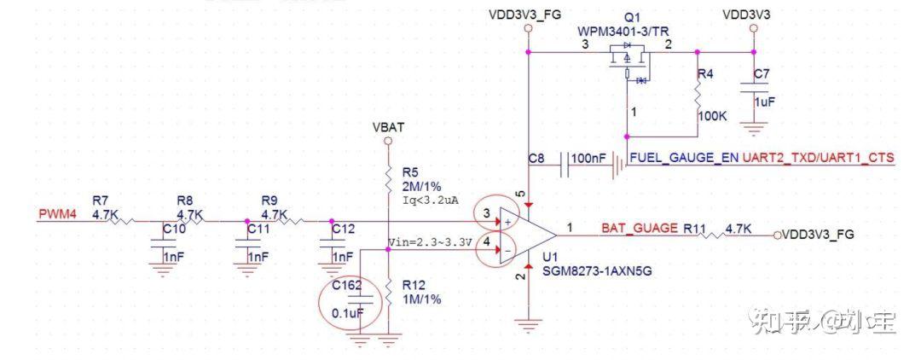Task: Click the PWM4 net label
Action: point(58,214)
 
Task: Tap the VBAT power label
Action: point(388,127)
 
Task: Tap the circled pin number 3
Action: point(486,213)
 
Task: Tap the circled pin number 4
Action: point(486,242)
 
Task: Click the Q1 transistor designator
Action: point(631,18)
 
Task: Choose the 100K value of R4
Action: point(713,114)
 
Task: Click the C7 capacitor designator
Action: point(762,73)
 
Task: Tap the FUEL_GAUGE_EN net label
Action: point(684,159)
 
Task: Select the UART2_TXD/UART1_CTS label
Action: point(819,159)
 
